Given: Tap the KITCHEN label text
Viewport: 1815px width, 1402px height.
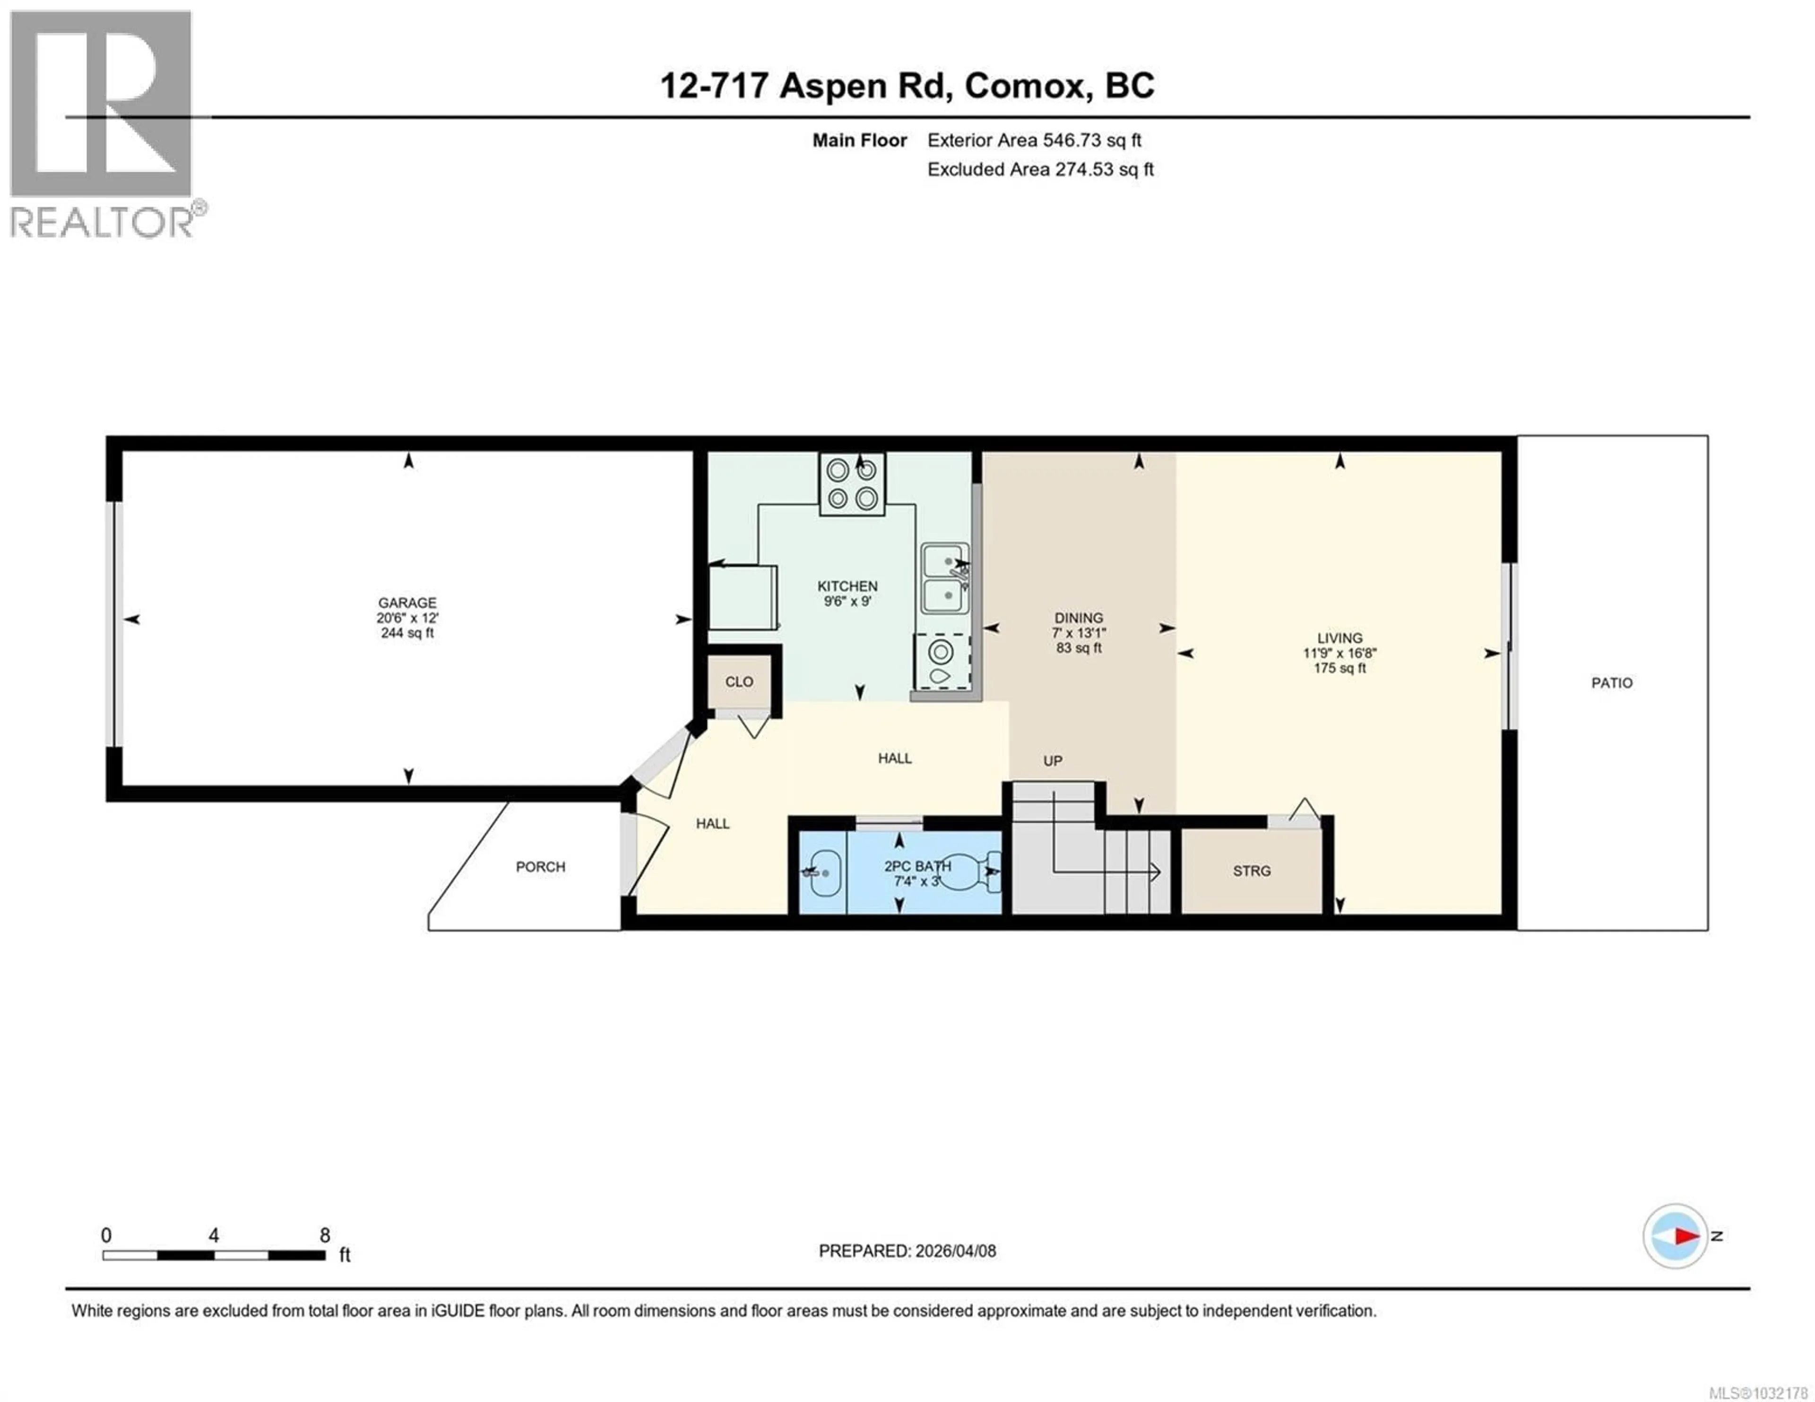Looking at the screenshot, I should click(x=847, y=586).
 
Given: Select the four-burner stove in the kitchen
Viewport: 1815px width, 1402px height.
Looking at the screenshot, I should click(x=852, y=484).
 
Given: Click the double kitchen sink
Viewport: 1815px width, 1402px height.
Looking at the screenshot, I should click(x=945, y=578).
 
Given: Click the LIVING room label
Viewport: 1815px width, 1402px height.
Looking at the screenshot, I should click(x=1339, y=638).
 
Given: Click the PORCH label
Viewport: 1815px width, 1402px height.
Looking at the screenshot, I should click(x=540, y=867).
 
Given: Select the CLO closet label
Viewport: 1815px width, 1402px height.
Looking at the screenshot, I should click(x=739, y=681).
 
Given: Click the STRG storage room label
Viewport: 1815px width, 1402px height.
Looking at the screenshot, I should click(x=1252, y=871).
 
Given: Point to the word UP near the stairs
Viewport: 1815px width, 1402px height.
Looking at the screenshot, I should click(x=1052, y=760).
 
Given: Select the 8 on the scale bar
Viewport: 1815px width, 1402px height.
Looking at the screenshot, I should click(x=325, y=1235).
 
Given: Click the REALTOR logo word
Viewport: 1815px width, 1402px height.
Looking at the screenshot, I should click(x=102, y=222).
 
